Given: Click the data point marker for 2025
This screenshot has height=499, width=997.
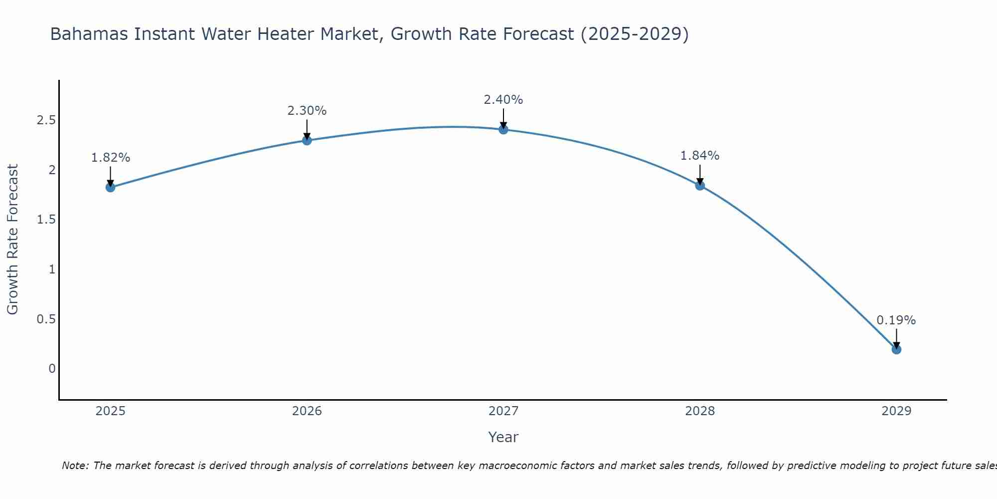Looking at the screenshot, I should [x=110, y=187].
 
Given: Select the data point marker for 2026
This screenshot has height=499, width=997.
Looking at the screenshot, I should [x=307, y=140].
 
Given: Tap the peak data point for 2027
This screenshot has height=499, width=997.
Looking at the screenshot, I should [x=503, y=129].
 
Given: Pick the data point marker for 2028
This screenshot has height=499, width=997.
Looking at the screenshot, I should [x=700, y=185].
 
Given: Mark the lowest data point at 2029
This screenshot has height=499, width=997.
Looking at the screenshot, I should [x=896, y=349].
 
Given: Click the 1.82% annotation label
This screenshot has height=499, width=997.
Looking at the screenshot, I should [x=110, y=158].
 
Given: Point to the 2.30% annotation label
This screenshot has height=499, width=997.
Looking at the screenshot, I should [x=307, y=111].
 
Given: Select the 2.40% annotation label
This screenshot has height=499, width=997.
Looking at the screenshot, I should [x=503, y=100].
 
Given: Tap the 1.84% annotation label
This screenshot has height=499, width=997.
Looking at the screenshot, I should [x=700, y=156].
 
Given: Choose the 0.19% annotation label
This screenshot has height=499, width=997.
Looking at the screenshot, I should [x=896, y=320].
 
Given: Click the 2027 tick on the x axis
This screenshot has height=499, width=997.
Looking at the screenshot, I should [x=503, y=411].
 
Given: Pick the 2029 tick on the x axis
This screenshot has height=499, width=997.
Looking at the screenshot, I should [x=896, y=411].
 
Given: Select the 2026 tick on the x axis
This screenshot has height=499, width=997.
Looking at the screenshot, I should [x=307, y=411].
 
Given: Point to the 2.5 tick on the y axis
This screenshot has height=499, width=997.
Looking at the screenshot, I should [x=46, y=120].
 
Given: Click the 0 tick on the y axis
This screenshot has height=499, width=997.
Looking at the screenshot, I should [x=52, y=369].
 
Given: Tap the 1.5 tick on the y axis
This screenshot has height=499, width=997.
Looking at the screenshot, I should [x=46, y=220].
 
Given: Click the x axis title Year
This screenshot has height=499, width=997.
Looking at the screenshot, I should [x=503, y=437].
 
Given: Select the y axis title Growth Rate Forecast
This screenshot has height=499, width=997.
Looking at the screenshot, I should [x=12, y=240].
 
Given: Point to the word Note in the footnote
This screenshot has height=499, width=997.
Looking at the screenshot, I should [x=75, y=466].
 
